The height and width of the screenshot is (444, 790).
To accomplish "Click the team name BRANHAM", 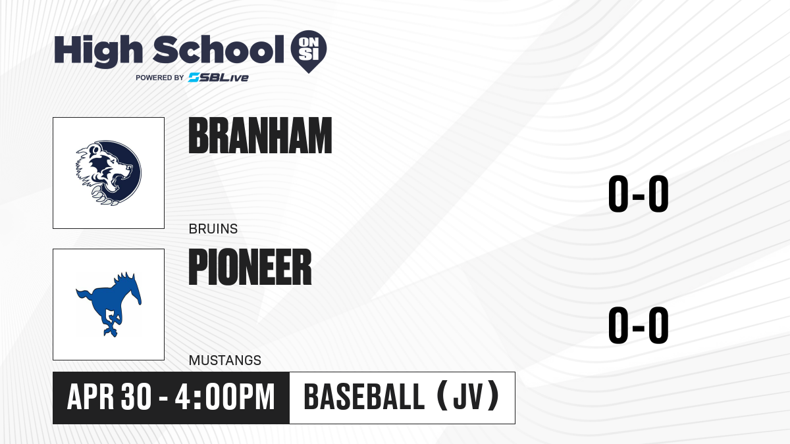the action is point(260,136).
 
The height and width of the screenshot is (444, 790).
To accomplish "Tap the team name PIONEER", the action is point(250,266).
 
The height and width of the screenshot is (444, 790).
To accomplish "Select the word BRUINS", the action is point(213,229).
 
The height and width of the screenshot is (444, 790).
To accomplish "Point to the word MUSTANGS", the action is point(225,360).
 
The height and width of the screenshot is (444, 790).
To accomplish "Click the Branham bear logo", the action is point(109,172).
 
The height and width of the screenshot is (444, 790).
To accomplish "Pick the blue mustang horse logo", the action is point(109,305).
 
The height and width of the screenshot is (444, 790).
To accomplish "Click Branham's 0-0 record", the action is point(639,193).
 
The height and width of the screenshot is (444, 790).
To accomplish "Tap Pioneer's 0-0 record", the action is point(639,325).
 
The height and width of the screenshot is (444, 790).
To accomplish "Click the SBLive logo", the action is point(218,78).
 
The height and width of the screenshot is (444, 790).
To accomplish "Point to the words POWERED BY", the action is point(160,78).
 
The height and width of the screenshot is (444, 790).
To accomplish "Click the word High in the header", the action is point(98,51).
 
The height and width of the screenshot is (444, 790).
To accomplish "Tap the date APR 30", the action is point(109,397).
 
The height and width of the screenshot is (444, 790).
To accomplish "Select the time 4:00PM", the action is point(224,397).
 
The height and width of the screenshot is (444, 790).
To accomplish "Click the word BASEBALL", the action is point(364,397).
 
